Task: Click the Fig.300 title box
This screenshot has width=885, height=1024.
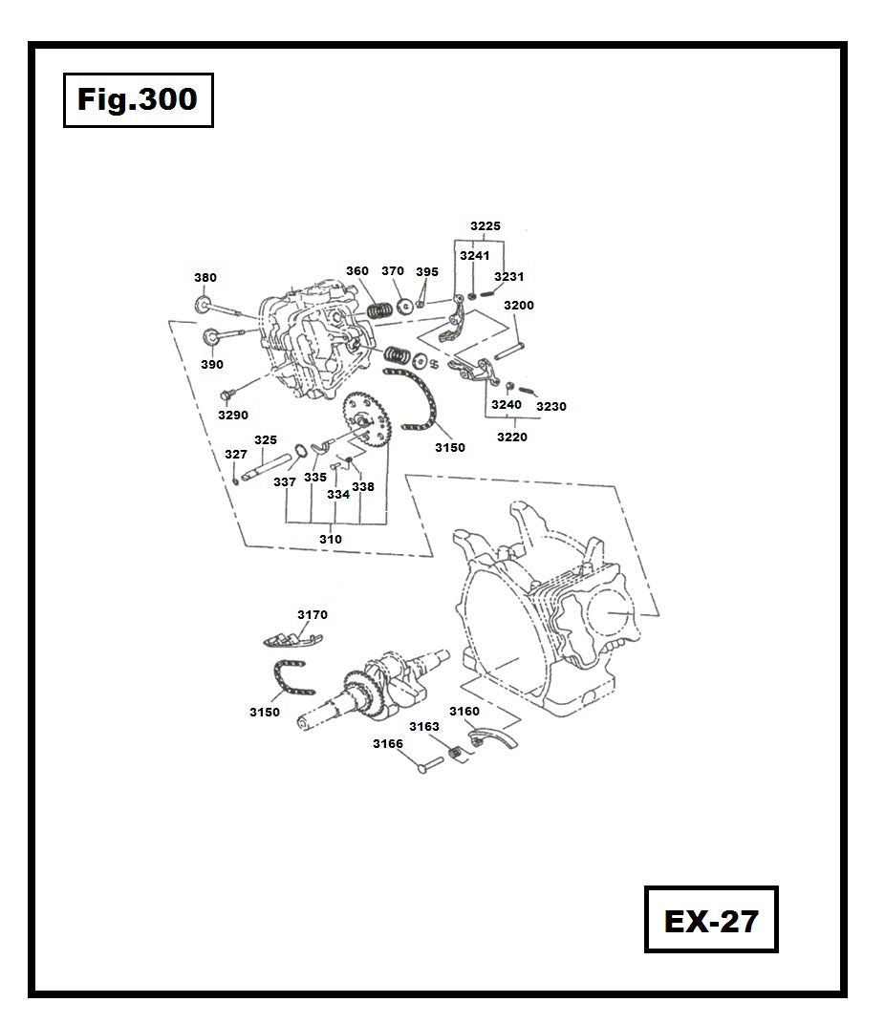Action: (138, 99)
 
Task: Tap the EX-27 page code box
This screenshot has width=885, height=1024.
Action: (711, 920)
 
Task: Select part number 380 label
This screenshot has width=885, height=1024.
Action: (205, 278)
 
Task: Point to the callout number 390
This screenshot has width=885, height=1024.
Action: (212, 365)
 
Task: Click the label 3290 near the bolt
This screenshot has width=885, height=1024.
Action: (233, 416)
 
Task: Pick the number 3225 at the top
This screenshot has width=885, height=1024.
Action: (486, 226)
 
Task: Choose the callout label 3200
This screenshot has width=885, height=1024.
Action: (519, 306)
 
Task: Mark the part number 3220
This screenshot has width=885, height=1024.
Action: (511, 437)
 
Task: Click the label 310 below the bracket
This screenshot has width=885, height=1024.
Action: (331, 539)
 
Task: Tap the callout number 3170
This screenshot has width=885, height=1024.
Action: (313, 615)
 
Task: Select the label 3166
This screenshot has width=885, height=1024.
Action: (388, 743)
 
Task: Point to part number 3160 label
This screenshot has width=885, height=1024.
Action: (464, 712)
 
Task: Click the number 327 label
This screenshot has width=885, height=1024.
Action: (235, 454)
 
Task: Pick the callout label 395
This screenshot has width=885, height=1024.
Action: (427, 272)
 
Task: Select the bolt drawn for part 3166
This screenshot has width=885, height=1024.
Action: (427, 765)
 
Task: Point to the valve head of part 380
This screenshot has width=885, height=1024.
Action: (203, 305)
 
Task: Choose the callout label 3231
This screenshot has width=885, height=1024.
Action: (509, 277)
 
